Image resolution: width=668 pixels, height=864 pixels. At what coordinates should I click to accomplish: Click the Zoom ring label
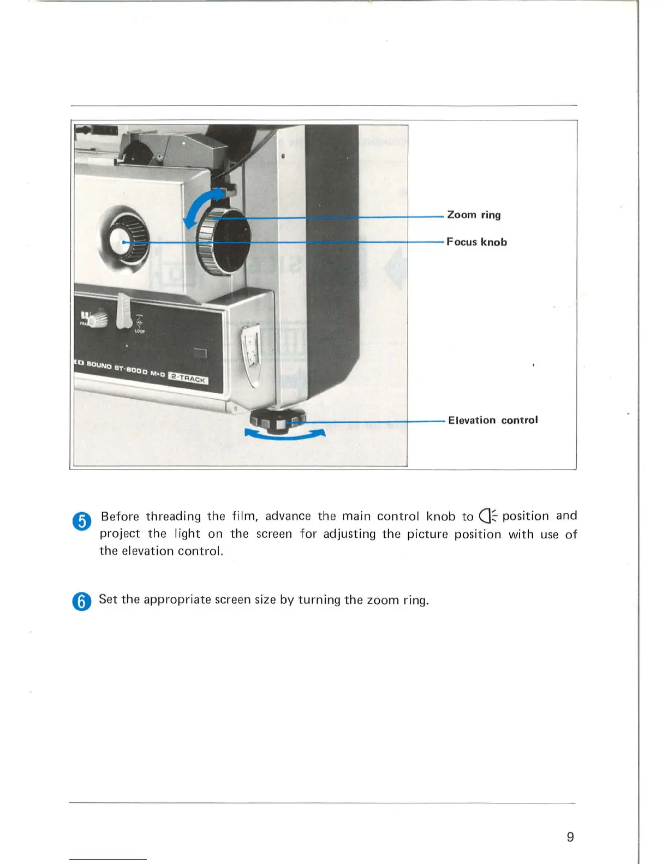click(x=474, y=215)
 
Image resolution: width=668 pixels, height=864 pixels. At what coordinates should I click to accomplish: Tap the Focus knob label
click(x=476, y=242)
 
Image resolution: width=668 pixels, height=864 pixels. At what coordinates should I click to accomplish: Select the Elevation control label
click(x=493, y=420)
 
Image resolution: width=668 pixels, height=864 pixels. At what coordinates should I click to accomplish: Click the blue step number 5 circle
click(x=82, y=521)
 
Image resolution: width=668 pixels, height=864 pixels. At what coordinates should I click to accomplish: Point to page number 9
click(x=570, y=837)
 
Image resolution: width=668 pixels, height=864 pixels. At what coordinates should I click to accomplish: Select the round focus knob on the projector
click(x=125, y=242)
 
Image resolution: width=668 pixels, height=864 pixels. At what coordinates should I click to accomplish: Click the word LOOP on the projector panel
click(x=140, y=331)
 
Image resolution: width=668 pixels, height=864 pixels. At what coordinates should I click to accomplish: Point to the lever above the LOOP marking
click(x=123, y=311)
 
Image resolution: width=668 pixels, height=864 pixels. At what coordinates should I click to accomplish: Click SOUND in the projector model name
click(x=99, y=365)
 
